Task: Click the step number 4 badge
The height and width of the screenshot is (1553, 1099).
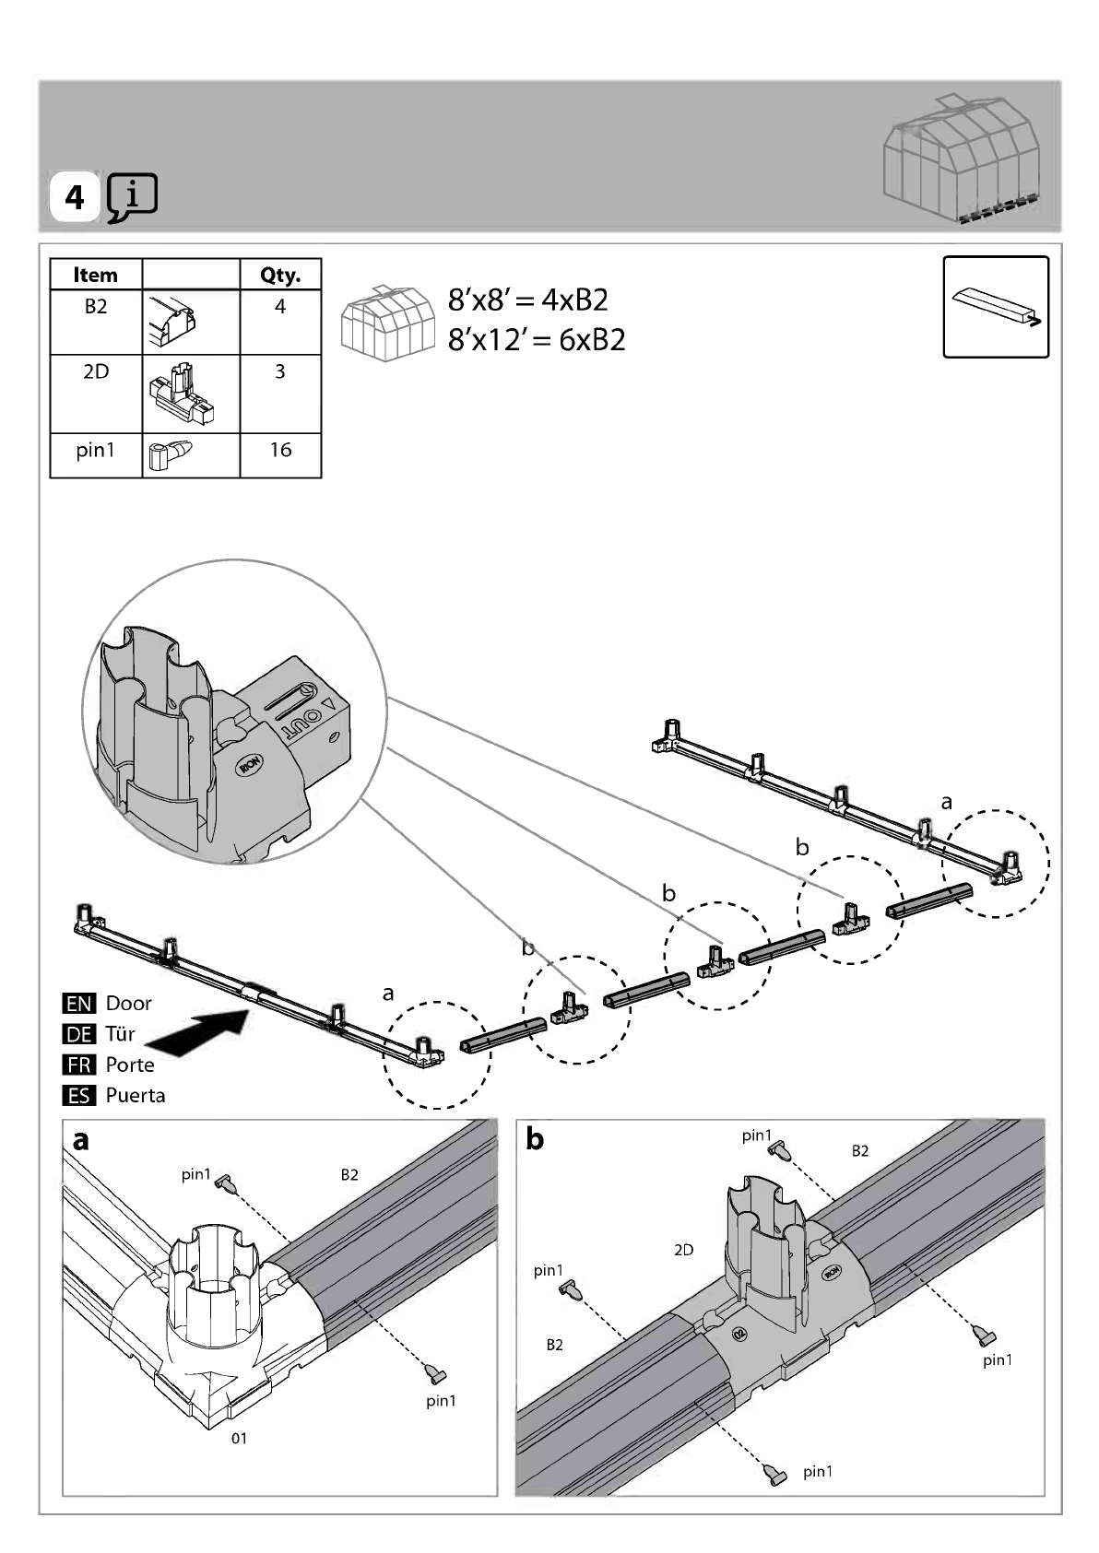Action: [74, 197]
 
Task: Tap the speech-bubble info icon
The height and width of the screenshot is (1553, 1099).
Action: [133, 197]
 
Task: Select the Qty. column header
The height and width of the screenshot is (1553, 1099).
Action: [280, 275]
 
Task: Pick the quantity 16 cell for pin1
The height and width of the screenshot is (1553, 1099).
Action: [280, 455]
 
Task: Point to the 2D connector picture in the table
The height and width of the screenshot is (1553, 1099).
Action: [182, 393]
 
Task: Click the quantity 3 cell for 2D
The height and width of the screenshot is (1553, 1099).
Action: [280, 394]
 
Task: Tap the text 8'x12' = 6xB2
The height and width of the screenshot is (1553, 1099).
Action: [537, 340]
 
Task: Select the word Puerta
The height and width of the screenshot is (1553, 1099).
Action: [136, 1096]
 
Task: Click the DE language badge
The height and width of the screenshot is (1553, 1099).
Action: [78, 1034]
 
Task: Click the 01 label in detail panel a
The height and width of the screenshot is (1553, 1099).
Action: [239, 1439]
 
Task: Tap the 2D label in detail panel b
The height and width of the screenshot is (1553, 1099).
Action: [684, 1250]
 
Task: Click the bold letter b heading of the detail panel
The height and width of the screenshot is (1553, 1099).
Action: [535, 1139]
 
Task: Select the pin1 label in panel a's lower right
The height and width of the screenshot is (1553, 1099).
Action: [441, 1401]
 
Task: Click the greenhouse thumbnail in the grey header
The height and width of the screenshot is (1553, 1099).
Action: [963, 159]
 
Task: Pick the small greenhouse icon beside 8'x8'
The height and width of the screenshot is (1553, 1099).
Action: [388, 323]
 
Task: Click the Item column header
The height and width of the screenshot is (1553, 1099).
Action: [96, 275]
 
